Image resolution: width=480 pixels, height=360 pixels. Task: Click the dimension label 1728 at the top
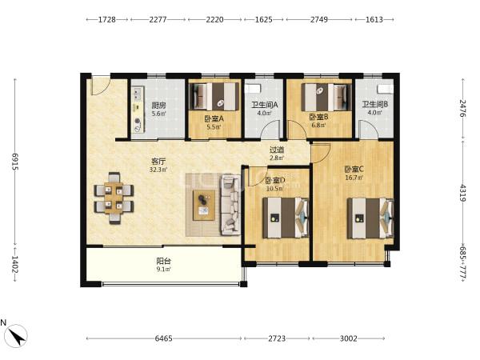tap(107, 19)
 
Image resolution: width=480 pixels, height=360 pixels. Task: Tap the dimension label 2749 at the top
tap(319, 19)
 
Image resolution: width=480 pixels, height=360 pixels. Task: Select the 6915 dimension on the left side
tap(15, 162)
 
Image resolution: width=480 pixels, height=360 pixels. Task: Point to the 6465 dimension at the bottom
tap(163, 338)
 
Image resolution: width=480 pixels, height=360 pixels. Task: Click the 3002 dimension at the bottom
tap(348, 338)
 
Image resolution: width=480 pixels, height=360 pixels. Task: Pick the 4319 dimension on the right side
tap(463, 193)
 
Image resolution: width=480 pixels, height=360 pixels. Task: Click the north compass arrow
tap(17, 336)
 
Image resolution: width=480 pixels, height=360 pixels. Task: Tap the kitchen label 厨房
tap(158, 106)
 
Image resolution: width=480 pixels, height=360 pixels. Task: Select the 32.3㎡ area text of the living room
tap(158, 170)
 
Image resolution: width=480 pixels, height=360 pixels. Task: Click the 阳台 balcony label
tap(163, 261)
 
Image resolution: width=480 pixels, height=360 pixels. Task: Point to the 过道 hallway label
tap(277, 150)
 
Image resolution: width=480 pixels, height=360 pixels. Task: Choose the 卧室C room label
tap(354, 170)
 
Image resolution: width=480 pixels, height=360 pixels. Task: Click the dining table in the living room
tap(114, 198)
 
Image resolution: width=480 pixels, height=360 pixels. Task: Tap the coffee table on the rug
tap(204, 205)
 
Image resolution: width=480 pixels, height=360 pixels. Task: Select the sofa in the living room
tap(230, 205)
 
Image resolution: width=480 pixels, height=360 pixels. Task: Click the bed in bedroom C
tap(370, 218)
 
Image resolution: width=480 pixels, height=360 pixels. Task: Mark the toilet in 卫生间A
tap(253, 89)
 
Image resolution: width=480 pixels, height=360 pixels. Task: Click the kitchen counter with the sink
tap(138, 110)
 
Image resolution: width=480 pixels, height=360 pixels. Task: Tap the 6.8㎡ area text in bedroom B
tap(318, 126)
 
